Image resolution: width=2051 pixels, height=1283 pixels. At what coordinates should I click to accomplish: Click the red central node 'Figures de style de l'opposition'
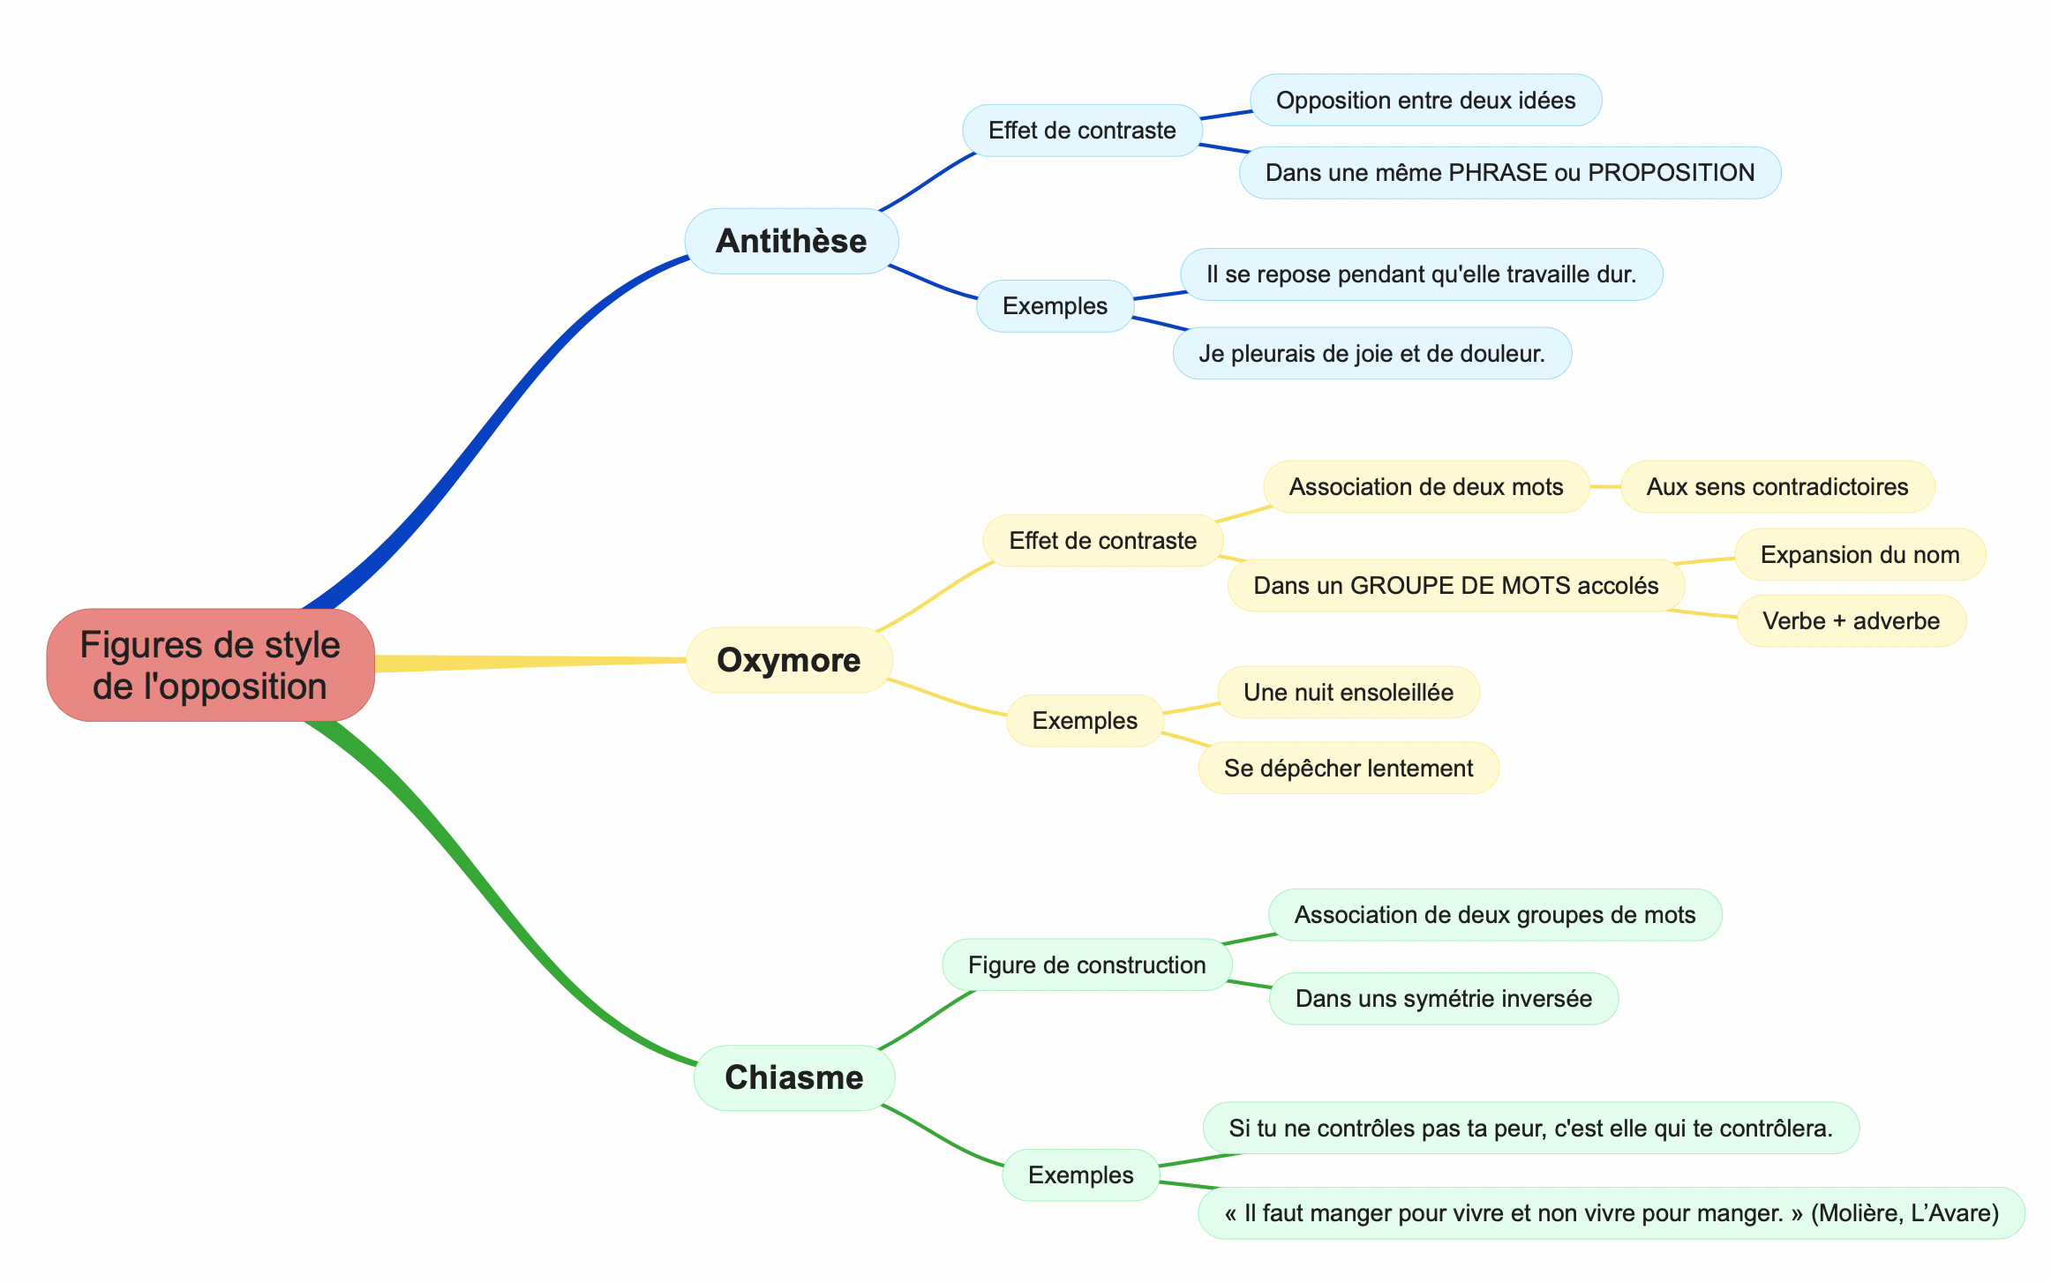click(210, 665)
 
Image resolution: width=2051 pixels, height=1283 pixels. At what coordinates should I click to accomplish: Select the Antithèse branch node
click(791, 241)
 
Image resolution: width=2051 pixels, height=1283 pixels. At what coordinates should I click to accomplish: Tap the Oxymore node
click(789, 660)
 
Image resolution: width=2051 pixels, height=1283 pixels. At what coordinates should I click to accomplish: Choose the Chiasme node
click(793, 1077)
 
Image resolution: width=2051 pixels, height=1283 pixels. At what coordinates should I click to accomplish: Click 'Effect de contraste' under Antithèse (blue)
click(1081, 131)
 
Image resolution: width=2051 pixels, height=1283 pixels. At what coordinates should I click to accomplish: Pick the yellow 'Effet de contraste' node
click(1102, 540)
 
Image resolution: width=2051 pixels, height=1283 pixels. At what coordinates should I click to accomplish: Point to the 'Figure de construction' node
click(1086, 964)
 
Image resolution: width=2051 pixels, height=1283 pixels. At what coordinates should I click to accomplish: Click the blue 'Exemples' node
click(1055, 306)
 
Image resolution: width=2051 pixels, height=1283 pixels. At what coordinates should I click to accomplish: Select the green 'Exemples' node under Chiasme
click(1080, 1174)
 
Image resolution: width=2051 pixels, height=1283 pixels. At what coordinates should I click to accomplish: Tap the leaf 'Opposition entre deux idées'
click(1425, 100)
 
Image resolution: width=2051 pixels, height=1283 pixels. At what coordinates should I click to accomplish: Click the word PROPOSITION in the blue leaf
click(1671, 172)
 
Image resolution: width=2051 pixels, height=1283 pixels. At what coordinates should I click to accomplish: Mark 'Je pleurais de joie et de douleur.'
click(1371, 354)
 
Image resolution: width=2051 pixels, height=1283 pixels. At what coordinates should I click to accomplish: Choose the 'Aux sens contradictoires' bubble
click(1777, 486)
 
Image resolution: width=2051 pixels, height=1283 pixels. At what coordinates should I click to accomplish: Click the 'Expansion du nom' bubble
click(1859, 554)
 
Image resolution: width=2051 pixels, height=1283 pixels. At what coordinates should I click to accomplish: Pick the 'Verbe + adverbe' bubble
click(1851, 620)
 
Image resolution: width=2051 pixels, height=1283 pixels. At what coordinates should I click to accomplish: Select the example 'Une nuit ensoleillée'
click(1348, 692)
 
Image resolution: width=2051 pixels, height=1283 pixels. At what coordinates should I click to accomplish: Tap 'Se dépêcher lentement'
click(1348, 768)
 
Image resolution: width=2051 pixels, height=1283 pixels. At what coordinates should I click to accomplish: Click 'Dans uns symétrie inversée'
click(1443, 998)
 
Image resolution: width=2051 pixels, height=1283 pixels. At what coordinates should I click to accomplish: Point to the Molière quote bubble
click(1611, 1213)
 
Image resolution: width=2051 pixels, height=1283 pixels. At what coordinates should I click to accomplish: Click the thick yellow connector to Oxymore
click(530, 662)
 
